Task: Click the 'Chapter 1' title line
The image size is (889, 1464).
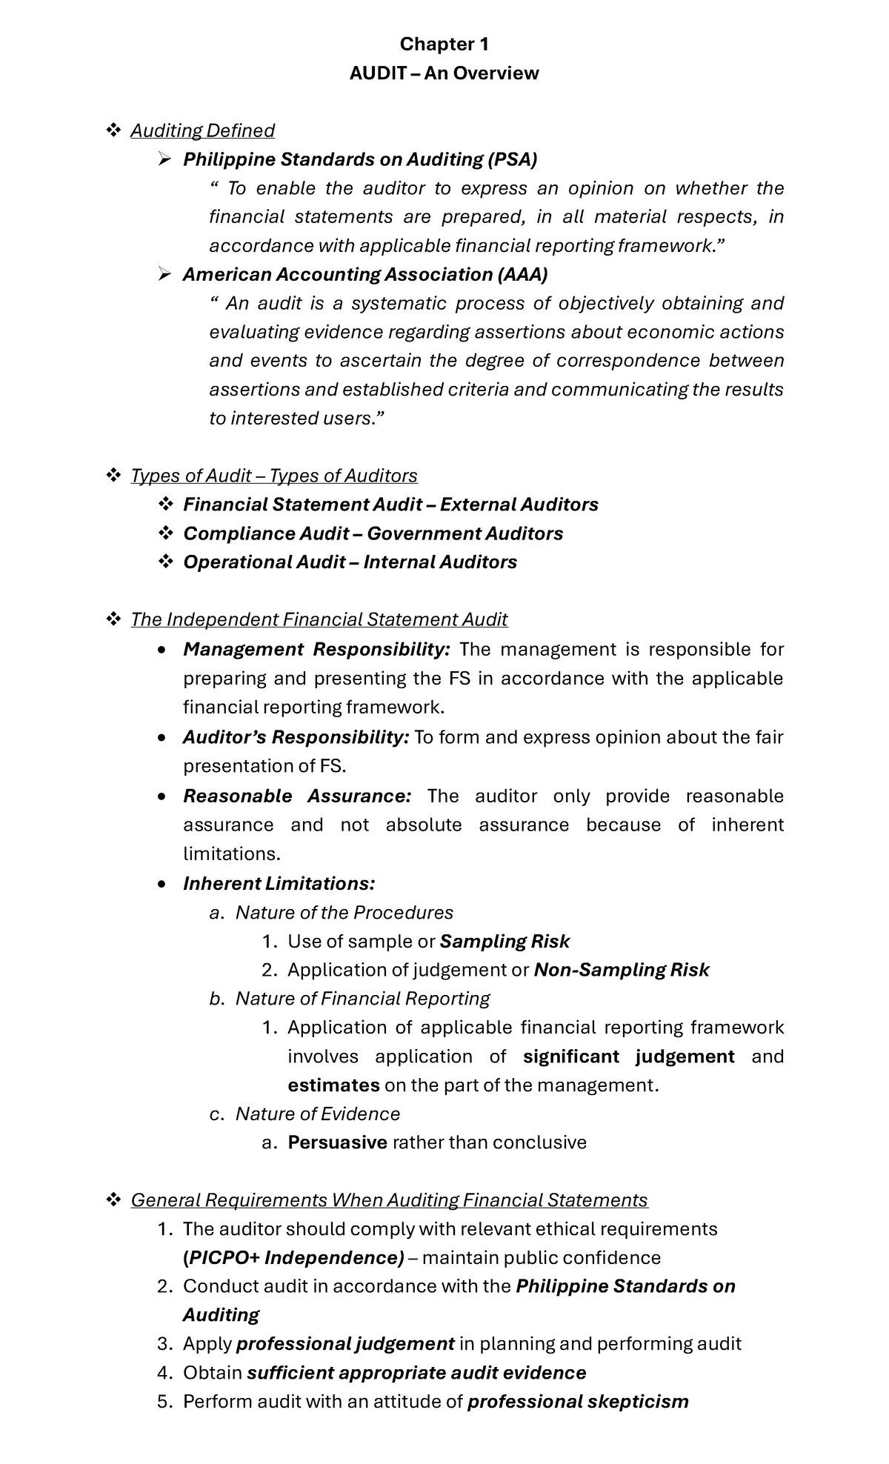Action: (x=444, y=44)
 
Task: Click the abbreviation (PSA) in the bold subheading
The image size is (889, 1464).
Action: (x=512, y=159)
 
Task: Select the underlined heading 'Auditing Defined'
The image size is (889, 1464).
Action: (x=202, y=130)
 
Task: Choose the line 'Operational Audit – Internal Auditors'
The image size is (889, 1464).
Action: (x=350, y=562)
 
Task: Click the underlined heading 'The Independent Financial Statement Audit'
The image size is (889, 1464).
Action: (x=319, y=619)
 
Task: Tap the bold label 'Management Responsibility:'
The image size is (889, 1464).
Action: (x=316, y=649)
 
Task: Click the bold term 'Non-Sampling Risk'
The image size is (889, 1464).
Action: (x=621, y=970)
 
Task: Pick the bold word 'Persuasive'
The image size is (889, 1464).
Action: (x=337, y=1142)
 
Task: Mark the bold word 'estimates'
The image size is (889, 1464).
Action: (x=333, y=1085)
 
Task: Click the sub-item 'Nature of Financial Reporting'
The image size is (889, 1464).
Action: (x=362, y=999)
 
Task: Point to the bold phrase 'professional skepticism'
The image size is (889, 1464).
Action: (x=578, y=1402)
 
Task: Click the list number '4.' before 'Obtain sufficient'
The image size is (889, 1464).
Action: (x=164, y=1373)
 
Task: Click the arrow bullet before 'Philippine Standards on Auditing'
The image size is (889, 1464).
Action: (x=164, y=159)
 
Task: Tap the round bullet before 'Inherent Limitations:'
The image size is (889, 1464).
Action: (x=163, y=884)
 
